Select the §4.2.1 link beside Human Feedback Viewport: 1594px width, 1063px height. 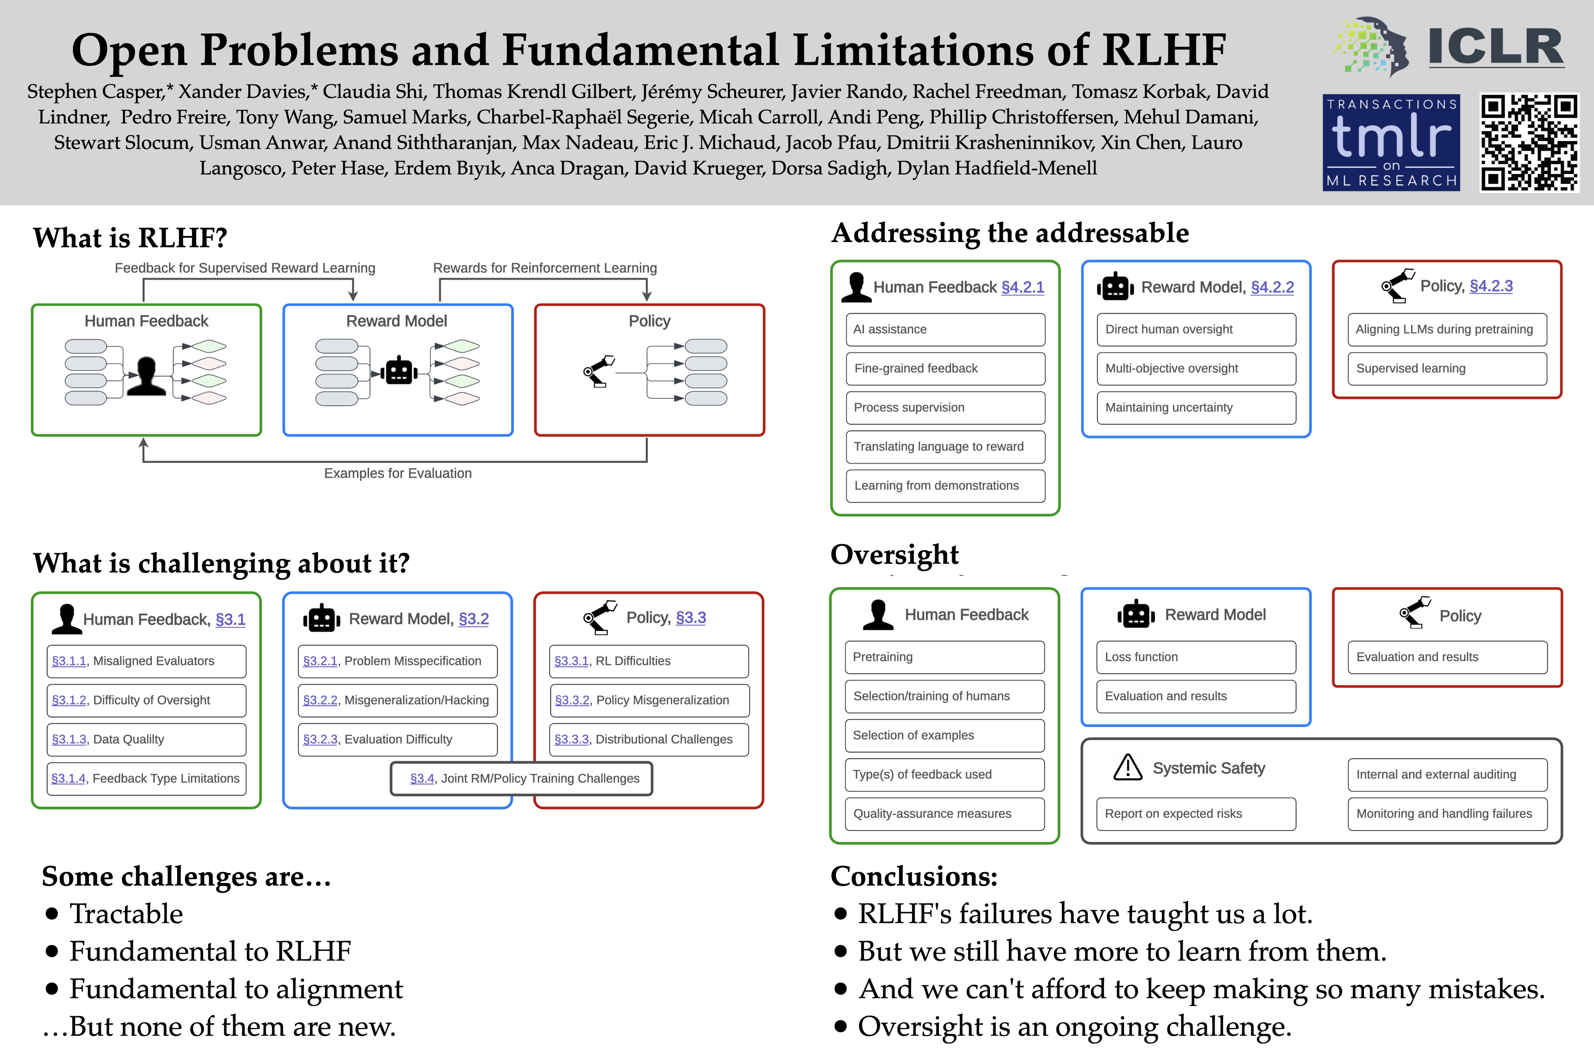[x=1023, y=288]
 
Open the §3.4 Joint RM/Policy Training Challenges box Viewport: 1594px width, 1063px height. [x=521, y=778]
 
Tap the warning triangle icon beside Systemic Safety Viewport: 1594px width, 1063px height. [x=1128, y=767]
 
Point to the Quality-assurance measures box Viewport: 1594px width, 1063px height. [x=944, y=813]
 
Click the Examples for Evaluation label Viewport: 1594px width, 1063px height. [x=398, y=473]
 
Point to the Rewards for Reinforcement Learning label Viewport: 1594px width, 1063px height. [x=545, y=268]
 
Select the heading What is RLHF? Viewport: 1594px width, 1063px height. [x=130, y=238]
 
